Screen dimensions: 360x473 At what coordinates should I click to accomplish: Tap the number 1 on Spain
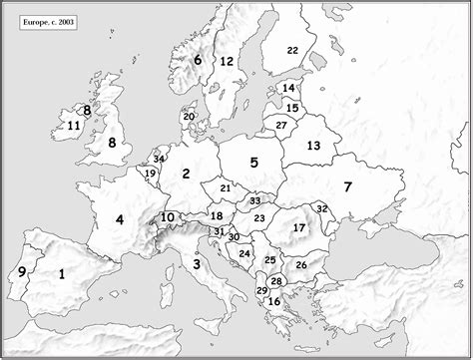[x=61, y=273]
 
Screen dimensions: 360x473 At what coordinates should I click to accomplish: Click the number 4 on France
[x=120, y=219]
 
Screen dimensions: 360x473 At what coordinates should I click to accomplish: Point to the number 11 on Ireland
[x=73, y=126]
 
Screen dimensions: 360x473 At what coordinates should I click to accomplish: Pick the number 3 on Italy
[x=197, y=264]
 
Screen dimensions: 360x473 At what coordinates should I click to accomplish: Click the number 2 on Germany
[x=186, y=175]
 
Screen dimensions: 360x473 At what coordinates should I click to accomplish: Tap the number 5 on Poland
[x=254, y=162]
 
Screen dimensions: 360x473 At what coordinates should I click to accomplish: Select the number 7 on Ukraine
[x=347, y=186]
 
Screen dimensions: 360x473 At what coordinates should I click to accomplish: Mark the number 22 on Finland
[x=292, y=50]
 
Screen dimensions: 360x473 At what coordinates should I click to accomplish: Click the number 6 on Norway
[x=198, y=60]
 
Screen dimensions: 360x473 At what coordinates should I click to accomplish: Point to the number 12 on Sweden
[x=227, y=62]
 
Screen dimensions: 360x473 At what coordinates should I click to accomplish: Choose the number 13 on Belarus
[x=313, y=146]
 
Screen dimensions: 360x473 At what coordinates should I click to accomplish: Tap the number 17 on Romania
[x=298, y=227]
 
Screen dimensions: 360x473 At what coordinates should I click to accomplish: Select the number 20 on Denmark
[x=188, y=117]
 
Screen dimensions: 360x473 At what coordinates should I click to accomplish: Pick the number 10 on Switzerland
[x=168, y=217]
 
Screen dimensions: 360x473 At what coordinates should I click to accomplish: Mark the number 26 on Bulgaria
[x=301, y=264]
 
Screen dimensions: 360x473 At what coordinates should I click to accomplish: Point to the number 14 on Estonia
[x=288, y=89]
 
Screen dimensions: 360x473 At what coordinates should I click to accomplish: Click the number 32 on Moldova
[x=321, y=208]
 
